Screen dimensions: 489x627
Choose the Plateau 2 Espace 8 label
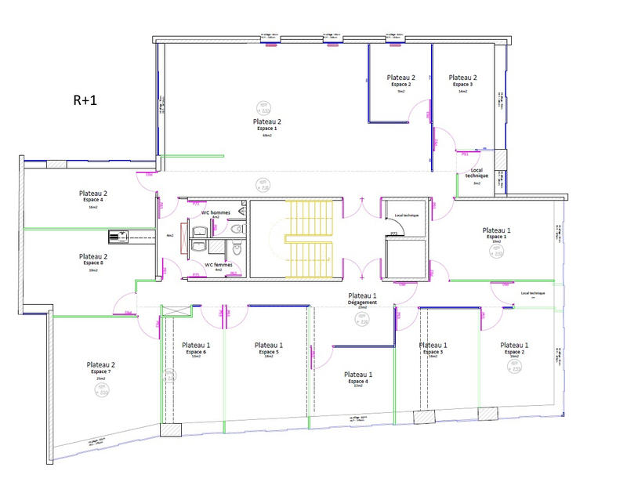click(93, 261)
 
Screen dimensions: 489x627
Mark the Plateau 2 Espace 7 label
click(101, 370)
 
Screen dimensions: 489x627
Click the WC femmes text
click(219, 265)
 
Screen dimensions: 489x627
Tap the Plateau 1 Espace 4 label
click(358, 379)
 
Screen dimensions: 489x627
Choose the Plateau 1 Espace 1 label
click(496, 233)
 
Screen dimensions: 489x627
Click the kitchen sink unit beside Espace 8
click(119, 235)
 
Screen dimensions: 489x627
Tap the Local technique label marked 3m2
click(476, 175)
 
